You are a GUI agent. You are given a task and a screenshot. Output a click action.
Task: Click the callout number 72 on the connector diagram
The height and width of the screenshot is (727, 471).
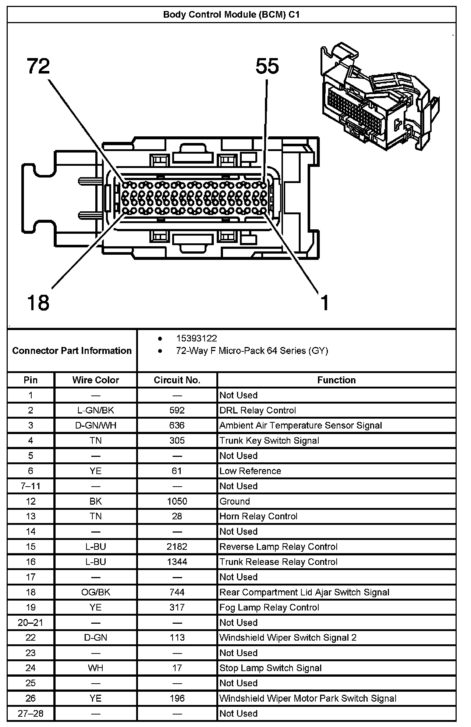(38, 67)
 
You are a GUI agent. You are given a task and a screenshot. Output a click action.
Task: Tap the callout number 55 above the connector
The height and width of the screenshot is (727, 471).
(267, 67)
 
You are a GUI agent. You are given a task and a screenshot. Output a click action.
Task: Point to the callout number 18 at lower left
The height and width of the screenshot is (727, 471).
(38, 303)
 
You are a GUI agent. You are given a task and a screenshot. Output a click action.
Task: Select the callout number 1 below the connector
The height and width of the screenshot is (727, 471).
(324, 303)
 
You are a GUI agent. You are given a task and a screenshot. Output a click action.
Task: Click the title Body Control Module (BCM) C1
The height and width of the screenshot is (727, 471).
(231, 15)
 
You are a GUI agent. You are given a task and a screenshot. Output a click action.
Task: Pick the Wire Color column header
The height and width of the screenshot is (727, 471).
(96, 380)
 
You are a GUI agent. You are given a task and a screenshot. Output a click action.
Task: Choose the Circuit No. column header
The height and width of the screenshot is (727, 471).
(177, 380)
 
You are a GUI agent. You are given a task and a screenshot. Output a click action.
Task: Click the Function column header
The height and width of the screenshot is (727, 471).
(336, 380)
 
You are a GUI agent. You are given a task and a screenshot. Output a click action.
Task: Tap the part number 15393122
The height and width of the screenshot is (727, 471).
(196, 339)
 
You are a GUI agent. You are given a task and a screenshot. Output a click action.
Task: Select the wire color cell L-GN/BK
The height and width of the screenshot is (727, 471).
(96, 410)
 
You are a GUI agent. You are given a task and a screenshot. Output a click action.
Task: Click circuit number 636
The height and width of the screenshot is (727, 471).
(177, 425)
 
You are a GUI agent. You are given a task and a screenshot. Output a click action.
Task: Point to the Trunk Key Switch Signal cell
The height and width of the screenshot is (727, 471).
(269, 440)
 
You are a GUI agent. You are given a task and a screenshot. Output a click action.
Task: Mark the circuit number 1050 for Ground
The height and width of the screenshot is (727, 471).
(177, 501)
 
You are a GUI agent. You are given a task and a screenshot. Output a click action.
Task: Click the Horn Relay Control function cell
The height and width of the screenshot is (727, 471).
(258, 516)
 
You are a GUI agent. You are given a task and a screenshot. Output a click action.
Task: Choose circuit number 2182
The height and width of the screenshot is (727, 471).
(177, 547)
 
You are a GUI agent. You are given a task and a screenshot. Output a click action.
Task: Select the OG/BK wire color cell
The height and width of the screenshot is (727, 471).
(96, 592)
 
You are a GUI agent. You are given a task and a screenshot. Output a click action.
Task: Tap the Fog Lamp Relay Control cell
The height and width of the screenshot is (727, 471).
(269, 607)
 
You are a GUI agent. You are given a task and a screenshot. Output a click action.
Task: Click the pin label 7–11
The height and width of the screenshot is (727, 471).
(31, 486)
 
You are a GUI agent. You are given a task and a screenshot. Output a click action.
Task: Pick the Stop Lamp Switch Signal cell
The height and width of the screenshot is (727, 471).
(270, 668)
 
